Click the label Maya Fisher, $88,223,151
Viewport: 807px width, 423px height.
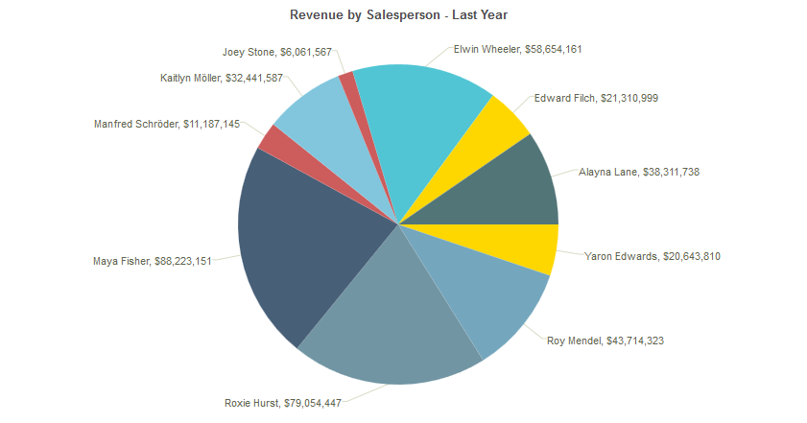tap(153, 260)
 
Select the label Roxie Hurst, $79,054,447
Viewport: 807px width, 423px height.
tap(282, 402)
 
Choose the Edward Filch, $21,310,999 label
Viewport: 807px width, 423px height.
tap(596, 98)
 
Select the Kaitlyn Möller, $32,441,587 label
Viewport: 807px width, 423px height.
tap(222, 78)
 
